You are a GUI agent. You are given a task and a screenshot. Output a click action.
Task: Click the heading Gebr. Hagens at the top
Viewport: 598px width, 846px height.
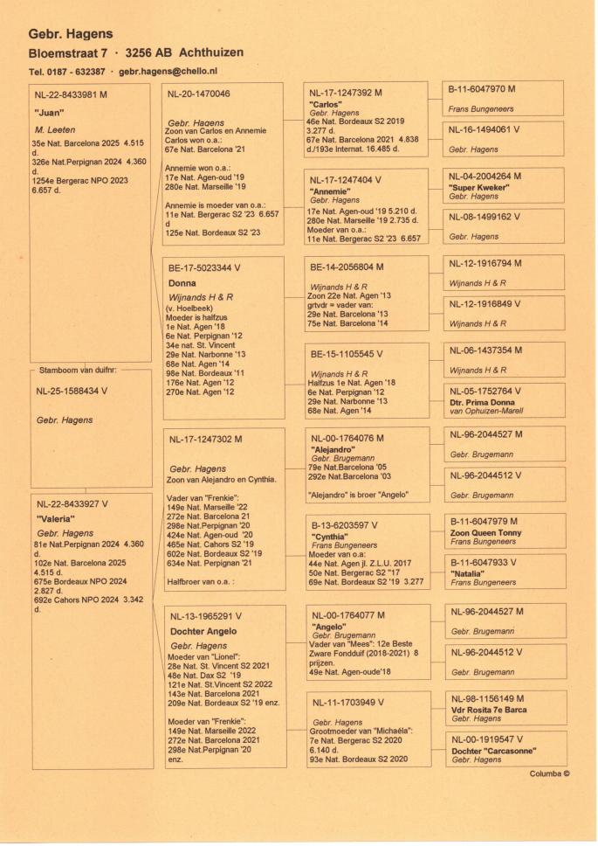[71, 34]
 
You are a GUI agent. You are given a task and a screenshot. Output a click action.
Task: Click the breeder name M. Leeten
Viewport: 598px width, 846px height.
[55, 129]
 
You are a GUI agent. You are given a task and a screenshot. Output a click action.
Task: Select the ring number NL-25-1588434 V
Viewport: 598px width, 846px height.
[72, 391]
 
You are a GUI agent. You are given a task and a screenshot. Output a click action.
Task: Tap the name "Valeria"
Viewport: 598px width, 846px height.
[57, 517]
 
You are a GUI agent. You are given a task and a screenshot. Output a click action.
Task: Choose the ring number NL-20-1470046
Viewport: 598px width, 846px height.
[200, 94]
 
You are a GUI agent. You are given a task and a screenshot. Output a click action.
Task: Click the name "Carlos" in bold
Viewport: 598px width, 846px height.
[325, 104]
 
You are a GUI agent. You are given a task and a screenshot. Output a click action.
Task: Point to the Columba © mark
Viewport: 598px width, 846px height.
[550, 773]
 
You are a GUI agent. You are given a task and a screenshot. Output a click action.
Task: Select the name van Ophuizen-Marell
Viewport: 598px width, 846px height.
[486, 411]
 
